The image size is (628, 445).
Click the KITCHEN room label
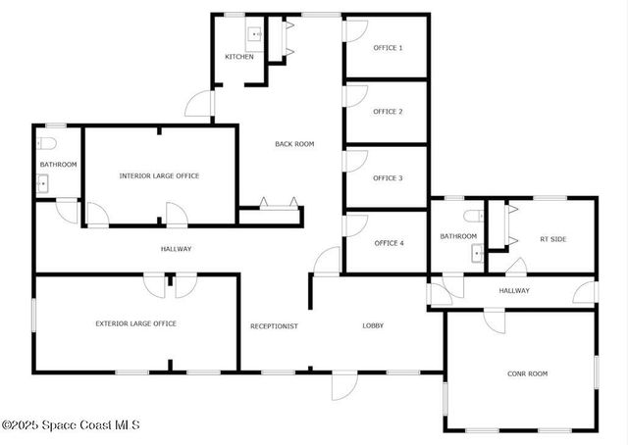click(239, 57)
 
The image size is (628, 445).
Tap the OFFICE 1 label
click(388, 48)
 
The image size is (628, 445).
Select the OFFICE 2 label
click(388, 112)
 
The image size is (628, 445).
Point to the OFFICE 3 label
click(388, 178)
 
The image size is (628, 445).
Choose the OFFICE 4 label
click(389, 243)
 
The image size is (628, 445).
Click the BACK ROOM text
click(294, 144)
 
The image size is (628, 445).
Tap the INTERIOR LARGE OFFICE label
click(159, 176)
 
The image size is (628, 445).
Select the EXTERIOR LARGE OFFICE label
click(135, 323)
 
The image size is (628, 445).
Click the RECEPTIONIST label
click(274, 325)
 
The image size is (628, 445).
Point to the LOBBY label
click(373, 325)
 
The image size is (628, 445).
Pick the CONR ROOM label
click(527, 373)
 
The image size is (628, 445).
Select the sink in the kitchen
click(255, 35)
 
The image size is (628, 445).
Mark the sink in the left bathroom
click(42, 183)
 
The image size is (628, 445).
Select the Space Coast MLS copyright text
click(71, 425)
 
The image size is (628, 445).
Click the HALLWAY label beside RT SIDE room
click(514, 291)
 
